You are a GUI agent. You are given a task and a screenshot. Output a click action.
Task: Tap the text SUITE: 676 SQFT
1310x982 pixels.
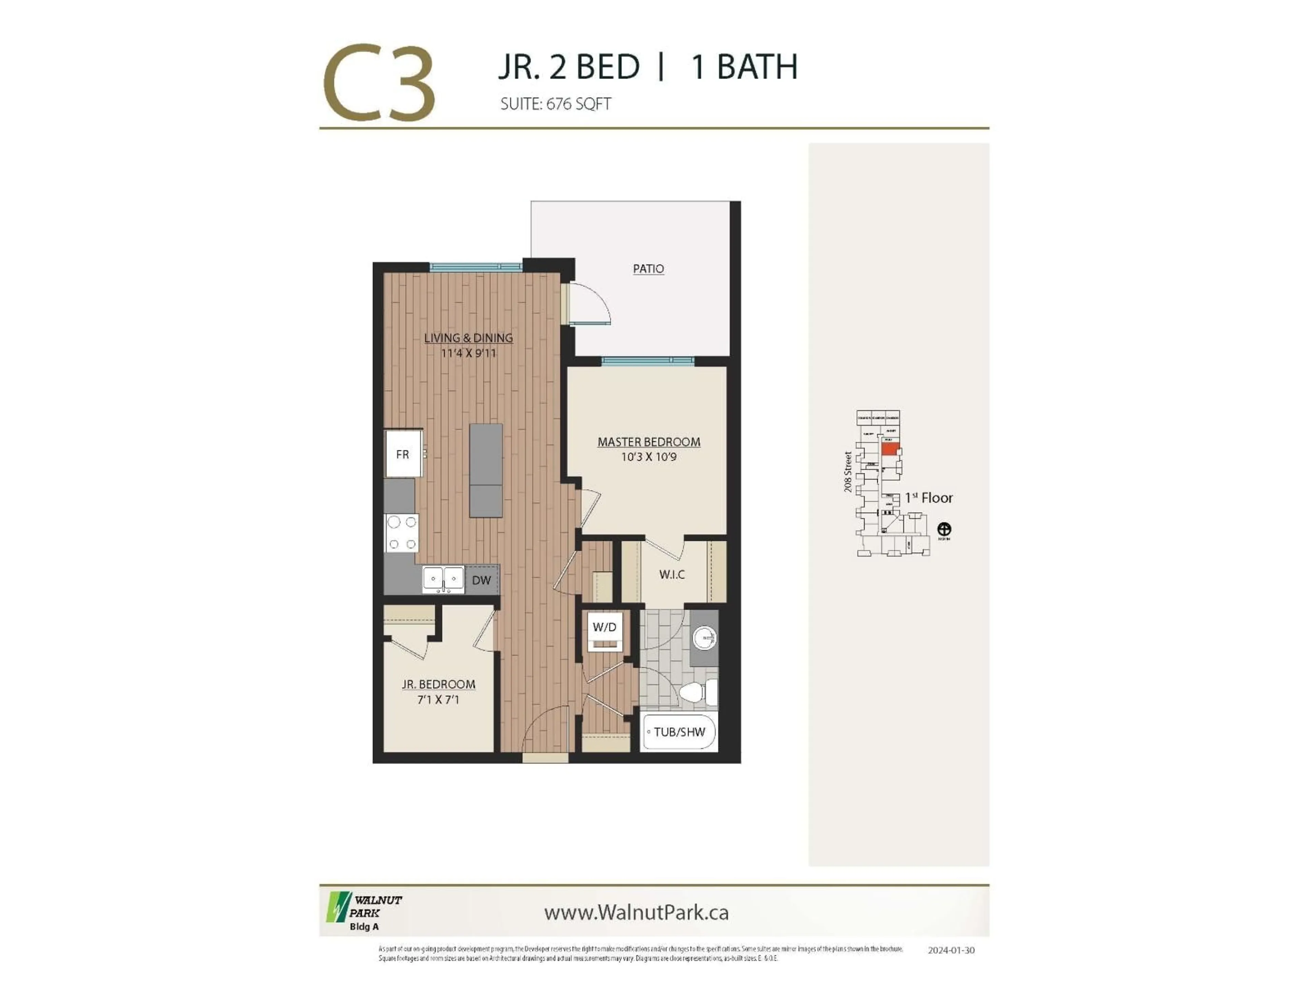point(555,104)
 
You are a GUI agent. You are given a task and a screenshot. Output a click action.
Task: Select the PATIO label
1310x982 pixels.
point(649,269)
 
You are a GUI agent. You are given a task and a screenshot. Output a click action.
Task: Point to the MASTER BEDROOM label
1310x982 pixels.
point(649,442)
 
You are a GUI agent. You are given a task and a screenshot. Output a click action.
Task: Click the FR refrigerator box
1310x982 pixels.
point(403,454)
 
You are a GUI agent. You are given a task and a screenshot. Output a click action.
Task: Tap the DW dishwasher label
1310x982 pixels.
point(481,580)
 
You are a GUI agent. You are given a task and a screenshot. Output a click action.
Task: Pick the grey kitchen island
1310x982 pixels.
point(486,471)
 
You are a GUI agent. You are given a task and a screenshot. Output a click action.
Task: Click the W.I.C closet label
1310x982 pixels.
point(672,574)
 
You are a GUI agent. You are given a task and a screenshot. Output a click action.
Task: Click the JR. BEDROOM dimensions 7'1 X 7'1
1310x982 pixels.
point(438,700)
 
